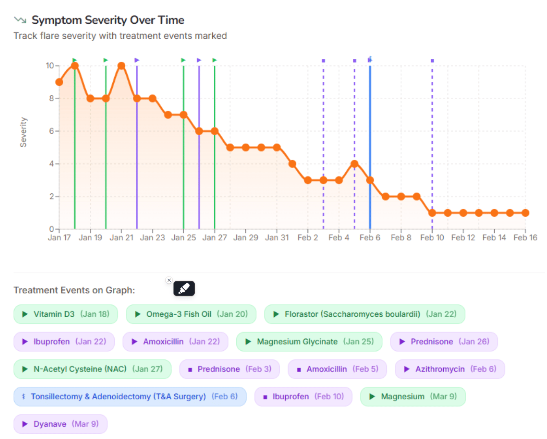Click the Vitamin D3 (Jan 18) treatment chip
pos(66,314)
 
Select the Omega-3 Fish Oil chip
pos(191,314)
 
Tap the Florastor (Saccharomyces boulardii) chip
pos(365,314)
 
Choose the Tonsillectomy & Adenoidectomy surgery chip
pos(130,396)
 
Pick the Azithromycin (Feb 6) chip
pos(450,369)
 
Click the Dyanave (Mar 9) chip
pos(60,424)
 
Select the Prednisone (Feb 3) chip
pos(229,369)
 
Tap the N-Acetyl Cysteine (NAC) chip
pos(92,369)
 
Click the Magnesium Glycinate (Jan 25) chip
pos(309,342)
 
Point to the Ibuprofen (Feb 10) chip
pos(303,396)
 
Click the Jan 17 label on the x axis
pos(59,237)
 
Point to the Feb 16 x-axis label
pos(525,237)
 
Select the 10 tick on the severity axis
pos(50,66)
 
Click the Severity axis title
pos(23,132)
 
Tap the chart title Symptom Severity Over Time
pos(108,20)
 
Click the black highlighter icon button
pos(184,289)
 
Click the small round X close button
pos(169,280)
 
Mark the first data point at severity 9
pos(59,82)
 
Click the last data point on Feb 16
pos(525,213)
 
